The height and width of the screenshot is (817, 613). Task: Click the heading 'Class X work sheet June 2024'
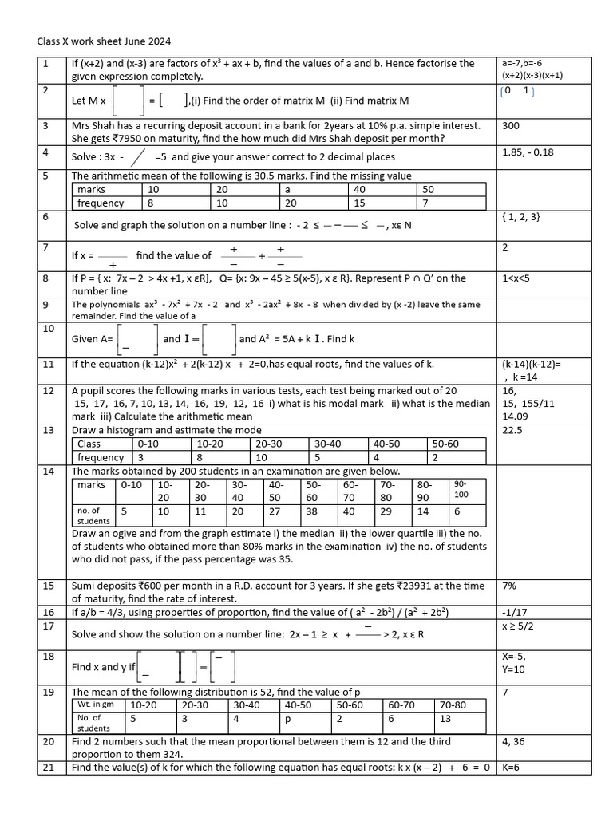tap(104, 41)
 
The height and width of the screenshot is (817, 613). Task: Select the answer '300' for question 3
tap(511, 125)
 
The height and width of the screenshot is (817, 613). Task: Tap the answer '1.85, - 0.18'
tap(528, 152)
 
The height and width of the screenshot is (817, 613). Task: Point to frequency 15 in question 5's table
tap(358, 203)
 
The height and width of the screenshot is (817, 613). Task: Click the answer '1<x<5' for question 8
tap(517, 278)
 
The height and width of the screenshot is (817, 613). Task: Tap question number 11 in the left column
tap(49, 365)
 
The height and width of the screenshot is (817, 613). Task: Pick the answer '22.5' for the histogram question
tap(512, 429)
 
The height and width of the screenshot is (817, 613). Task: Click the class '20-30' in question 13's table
tap(268, 444)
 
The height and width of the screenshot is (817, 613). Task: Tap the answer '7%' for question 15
tap(508, 586)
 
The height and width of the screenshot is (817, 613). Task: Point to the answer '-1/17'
tap(513, 612)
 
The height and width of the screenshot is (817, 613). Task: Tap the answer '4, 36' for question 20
tap(514, 741)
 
